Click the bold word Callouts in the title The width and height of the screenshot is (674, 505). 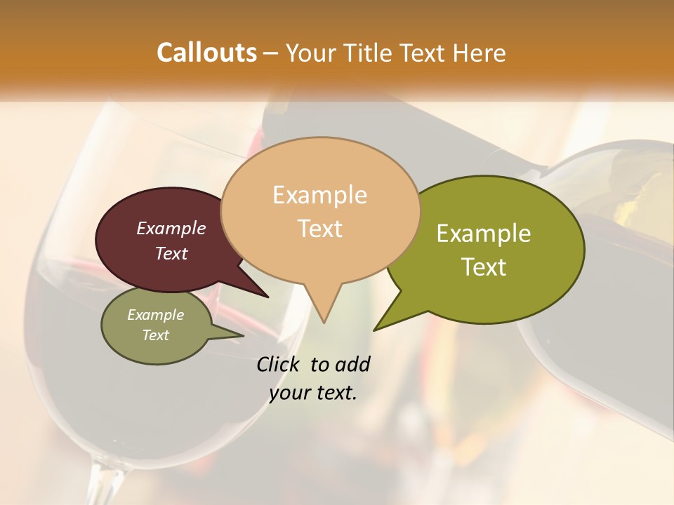[206, 53]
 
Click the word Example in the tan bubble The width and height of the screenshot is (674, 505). [319, 195]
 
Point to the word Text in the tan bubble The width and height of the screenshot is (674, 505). [320, 229]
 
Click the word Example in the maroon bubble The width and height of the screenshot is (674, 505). [171, 228]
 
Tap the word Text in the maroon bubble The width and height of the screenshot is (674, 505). [171, 253]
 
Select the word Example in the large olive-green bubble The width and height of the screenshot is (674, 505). [484, 234]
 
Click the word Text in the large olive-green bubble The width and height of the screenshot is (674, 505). [484, 267]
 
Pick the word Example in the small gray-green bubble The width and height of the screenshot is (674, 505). [156, 315]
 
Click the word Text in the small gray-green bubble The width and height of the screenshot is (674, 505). [156, 335]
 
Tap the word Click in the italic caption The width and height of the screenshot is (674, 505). [279, 364]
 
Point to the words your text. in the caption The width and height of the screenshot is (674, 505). [313, 393]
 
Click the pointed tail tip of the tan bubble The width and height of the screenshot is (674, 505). [324, 322]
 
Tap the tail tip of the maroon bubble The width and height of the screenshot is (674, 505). [267, 297]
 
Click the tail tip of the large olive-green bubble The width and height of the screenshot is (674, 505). [374, 330]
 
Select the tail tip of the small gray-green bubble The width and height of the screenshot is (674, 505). [243, 336]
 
